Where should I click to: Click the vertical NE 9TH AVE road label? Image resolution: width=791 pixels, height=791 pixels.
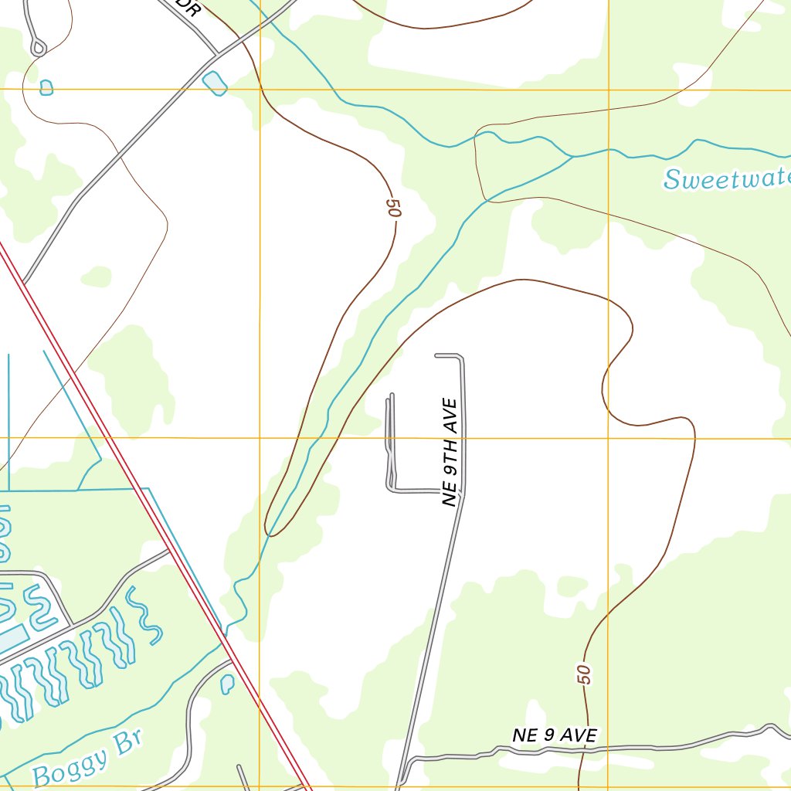click(450, 453)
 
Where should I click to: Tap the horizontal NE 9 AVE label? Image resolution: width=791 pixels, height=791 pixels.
click(555, 735)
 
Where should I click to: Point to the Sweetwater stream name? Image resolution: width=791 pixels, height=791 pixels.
click(727, 178)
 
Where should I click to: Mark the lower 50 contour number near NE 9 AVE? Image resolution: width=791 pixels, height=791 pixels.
click(585, 674)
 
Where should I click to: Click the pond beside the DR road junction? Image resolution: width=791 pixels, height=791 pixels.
click(214, 83)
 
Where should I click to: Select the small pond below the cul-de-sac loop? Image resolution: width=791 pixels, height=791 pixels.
click(46, 87)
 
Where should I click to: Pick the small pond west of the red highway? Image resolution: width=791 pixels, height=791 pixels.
click(227, 683)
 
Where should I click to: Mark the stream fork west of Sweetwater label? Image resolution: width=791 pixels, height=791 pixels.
click(572, 157)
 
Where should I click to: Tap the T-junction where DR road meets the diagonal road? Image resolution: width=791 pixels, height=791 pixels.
click(216, 53)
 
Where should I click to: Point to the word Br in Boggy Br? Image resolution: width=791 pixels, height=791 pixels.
click(128, 742)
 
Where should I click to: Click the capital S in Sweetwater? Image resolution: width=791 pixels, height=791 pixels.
click(671, 181)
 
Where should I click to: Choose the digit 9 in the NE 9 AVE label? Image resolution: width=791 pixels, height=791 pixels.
click(548, 735)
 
